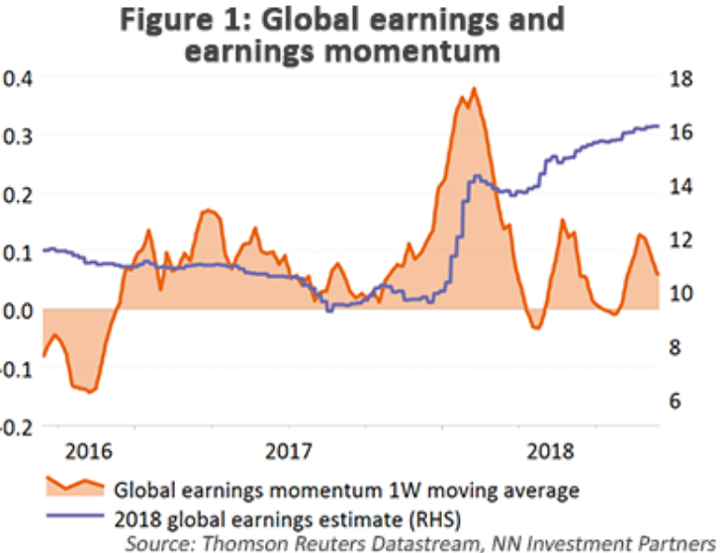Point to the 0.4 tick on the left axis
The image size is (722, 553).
(17, 78)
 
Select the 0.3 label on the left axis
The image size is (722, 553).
(17, 136)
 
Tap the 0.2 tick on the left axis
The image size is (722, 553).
(17, 194)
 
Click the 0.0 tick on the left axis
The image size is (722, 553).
(17, 311)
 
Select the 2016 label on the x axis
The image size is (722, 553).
(90, 452)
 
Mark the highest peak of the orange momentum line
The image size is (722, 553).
(475, 89)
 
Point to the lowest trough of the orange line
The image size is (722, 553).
(90, 392)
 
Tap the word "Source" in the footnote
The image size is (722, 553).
(155, 541)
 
